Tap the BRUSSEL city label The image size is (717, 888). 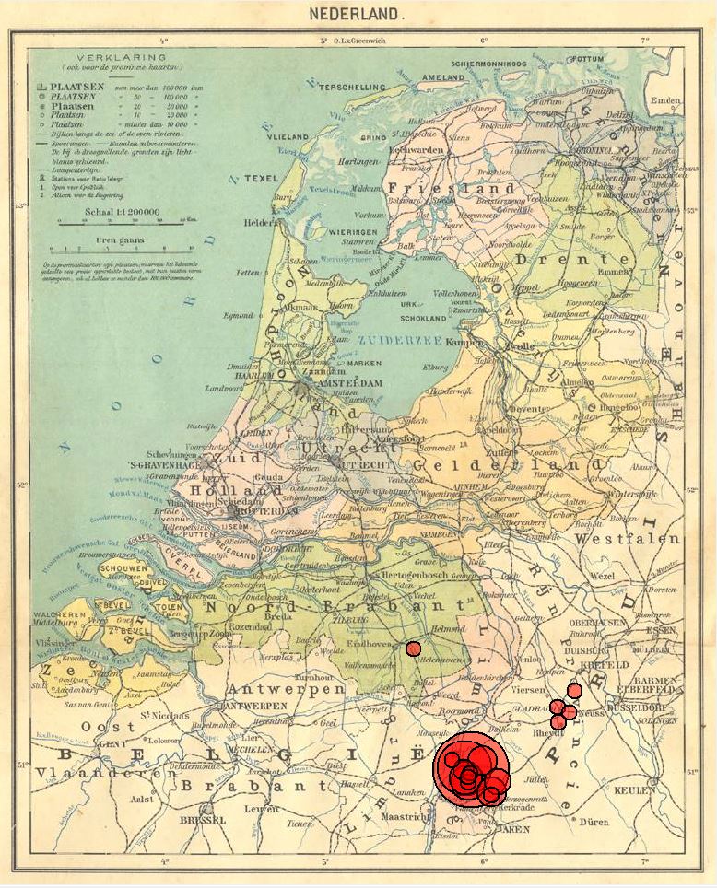[202, 819]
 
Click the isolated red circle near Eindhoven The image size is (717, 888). [413, 648]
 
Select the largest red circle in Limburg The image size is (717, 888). [471, 768]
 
